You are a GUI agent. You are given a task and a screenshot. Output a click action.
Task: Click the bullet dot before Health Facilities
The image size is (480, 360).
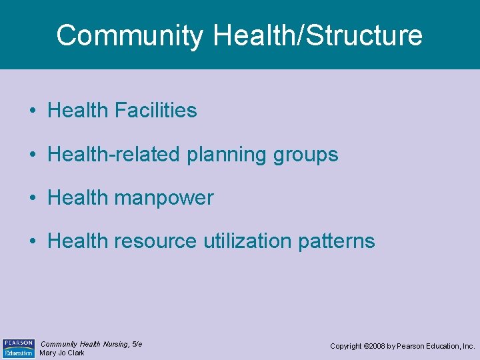click(x=33, y=111)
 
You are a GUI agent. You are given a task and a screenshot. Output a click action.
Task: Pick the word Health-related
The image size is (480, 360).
click(x=114, y=155)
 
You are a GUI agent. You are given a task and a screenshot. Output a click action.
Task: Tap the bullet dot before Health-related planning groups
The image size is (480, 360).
click(x=33, y=155)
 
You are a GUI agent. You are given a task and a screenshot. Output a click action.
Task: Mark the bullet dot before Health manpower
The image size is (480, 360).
click(x=33, y=198)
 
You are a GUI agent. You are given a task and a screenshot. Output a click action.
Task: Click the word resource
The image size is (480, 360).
click(x=154, y=241)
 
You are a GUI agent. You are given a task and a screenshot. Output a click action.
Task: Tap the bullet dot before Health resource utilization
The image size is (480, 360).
click(x=33, y=241)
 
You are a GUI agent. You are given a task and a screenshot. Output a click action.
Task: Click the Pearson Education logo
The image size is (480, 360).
click(x=19, y=347)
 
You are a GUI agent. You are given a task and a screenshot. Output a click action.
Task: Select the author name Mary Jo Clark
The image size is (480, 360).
click(x=62, y=353)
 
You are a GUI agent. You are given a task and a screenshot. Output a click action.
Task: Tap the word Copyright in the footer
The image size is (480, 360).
click(x=347, y=347)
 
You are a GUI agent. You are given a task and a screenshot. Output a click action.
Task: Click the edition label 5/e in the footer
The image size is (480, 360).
click(x=137, y=344)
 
